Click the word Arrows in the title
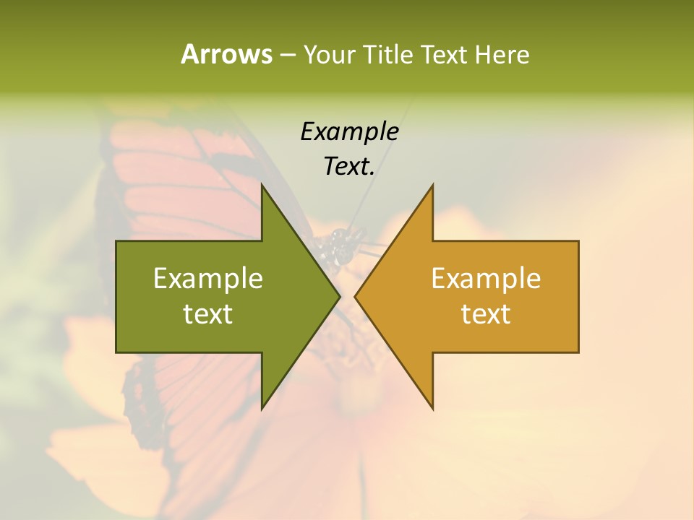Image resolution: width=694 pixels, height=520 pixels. click(x=226, y=54)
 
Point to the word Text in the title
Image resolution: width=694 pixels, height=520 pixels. click(x=445, y=55)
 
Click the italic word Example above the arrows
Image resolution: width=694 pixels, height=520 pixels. click(x=349, y=132)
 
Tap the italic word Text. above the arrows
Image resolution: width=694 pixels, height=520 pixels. click(x=349, y=167)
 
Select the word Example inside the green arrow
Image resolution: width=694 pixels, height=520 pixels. click(x=208, y=279)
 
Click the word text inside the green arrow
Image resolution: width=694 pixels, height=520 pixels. click(x=208, y=314)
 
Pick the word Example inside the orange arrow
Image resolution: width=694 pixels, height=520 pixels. click(x=486, y=279)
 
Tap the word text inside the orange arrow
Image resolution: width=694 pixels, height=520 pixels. click(x=486, y=314)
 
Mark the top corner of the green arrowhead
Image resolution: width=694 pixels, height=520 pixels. click(x=262, y=185)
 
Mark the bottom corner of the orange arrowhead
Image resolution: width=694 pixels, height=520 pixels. click(x=432, y=409)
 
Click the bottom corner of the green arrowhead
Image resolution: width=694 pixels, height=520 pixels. click(x=262, y=409)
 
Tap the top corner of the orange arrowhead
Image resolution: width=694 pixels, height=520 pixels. click(x=432, y=185)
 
